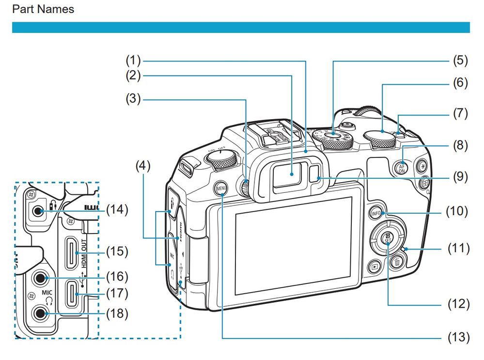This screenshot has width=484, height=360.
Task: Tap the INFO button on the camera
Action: tap(375, 213)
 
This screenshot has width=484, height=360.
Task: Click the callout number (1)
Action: tap(133, 61)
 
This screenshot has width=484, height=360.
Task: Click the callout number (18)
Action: tap(117, 313)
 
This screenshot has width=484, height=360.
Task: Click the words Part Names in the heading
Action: tap(43, 9)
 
